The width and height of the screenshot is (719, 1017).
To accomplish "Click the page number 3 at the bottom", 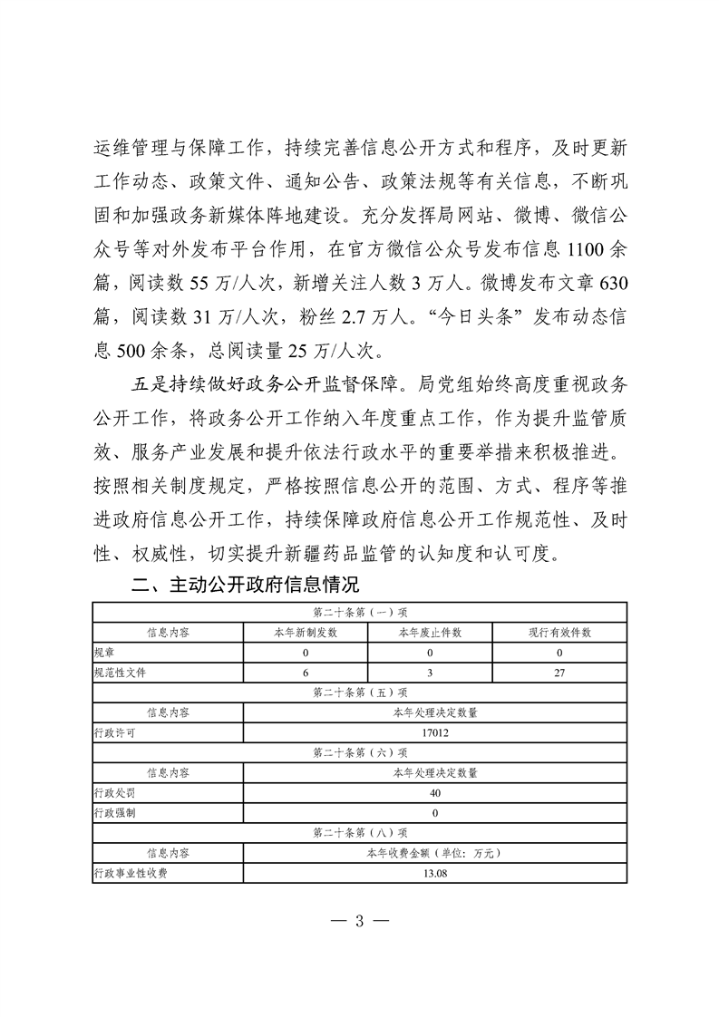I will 359,923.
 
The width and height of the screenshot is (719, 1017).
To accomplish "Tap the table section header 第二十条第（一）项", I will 359,612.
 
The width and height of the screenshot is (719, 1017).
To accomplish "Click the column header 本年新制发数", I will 306,633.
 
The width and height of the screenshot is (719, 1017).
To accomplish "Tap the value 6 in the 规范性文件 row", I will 306,673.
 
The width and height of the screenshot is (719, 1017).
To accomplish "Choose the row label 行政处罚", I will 113,793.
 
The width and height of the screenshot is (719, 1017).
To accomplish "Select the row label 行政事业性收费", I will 130,874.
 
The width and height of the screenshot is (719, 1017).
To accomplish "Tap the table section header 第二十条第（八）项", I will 359,833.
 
